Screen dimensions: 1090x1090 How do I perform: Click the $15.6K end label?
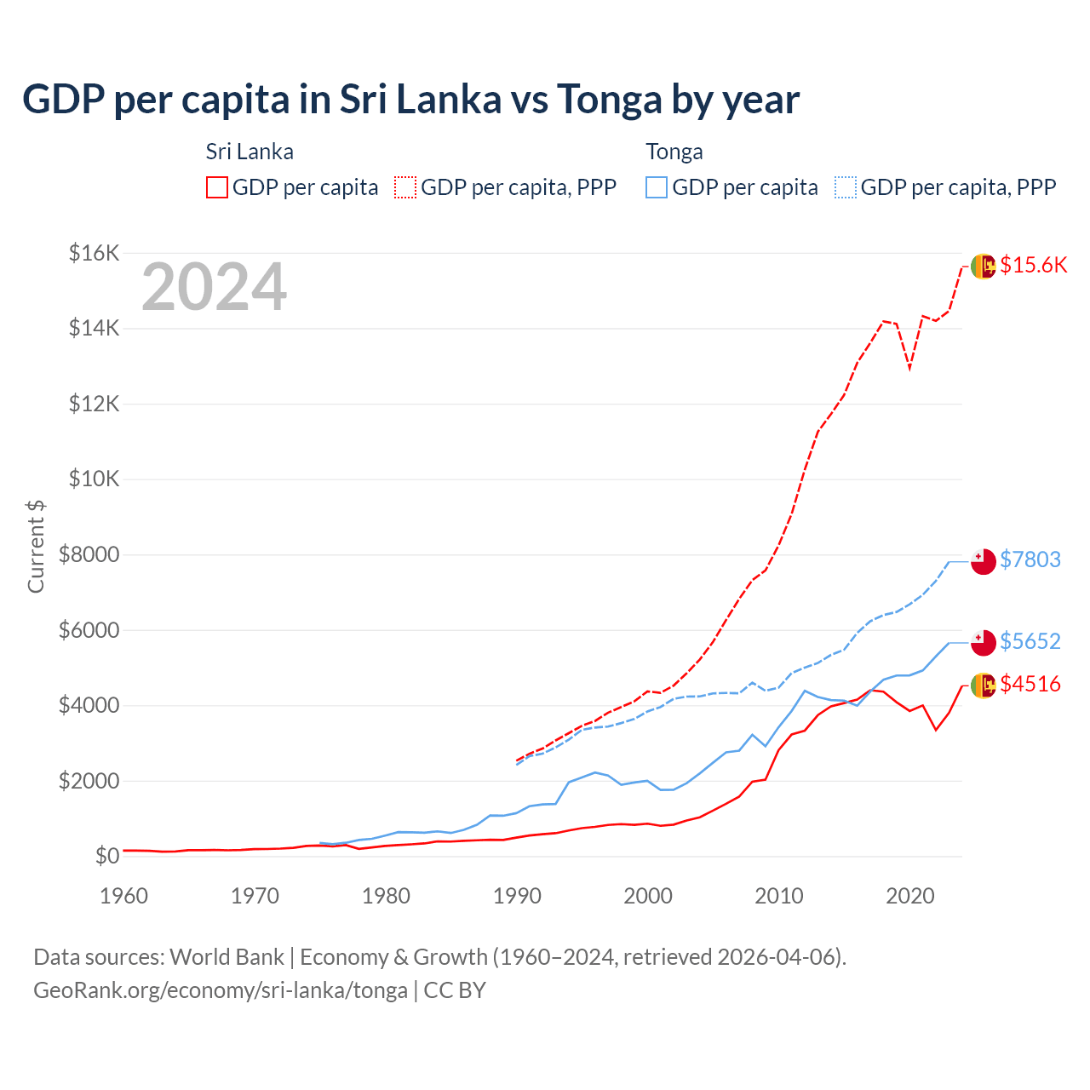(x=1033, y=265)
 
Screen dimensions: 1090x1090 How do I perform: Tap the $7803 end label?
(x=1030, y=559)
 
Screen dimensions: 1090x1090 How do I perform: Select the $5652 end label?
(x=1030, y=641)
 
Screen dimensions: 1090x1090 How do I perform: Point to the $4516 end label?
(x=1030, y=684)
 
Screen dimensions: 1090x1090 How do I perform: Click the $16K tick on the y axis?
(x=94, y=253)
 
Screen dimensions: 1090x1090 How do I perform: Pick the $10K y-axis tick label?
(x=94, y=479)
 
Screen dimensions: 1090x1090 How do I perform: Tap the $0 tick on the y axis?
(x=106, y=856)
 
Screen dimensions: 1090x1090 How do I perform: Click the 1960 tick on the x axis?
(x=124, y=896)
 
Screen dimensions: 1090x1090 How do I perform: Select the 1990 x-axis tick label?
(x=517, y=896)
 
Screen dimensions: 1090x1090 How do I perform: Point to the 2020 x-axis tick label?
(x=910, y=896)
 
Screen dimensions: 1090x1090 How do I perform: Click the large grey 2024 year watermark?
(x=214, y=288)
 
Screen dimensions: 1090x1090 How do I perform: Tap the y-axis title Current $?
(x=36, y=546)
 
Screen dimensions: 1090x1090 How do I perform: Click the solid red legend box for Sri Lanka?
(x=217, y=187)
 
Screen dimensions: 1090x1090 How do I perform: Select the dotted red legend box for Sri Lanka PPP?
(x=405, y=187)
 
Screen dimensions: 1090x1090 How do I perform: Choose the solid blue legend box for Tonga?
(x=657, y=187)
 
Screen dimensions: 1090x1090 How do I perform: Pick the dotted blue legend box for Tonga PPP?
(x=846, y=187)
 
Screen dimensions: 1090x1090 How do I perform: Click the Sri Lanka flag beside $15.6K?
(x=984, y=267)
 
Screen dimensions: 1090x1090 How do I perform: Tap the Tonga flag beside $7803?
(x=984, y=562)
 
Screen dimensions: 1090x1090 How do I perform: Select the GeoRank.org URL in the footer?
(x=221, y=990)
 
